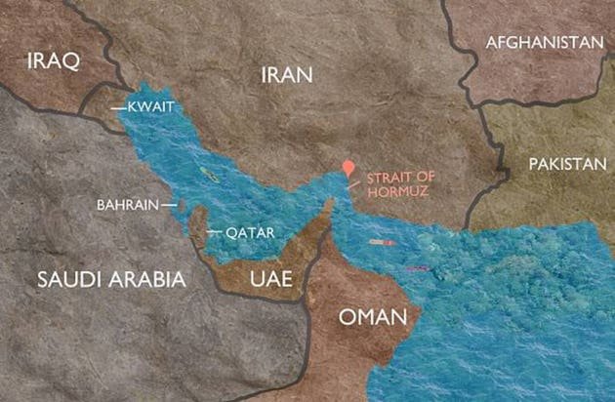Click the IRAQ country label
(x=47, y=60)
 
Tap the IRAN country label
(x=286, y=74)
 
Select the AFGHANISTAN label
(x=544, y=43)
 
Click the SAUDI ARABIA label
(x=110, y=279)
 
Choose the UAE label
(x=271, y=279)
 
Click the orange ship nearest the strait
(x=381, y=241)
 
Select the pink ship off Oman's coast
(x=417, y=267)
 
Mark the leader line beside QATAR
(x=214, y=232)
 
